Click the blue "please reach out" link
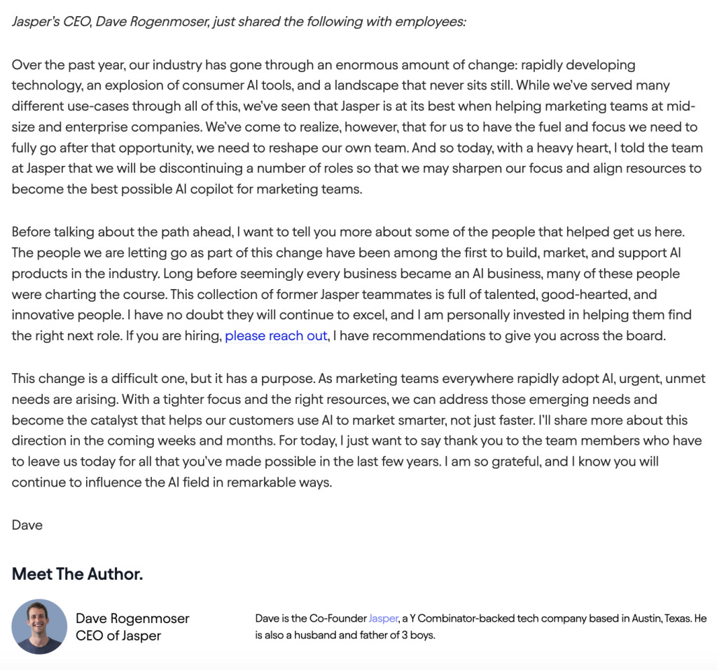pos(276,336)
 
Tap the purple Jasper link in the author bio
pos(383,619)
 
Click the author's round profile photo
pos(39,627)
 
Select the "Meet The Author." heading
pos(77,575)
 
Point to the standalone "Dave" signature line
pos(27,525)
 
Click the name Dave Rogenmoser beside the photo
pos(132,619)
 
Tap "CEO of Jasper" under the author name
pos(118,636)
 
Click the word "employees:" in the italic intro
pos(431,22)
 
